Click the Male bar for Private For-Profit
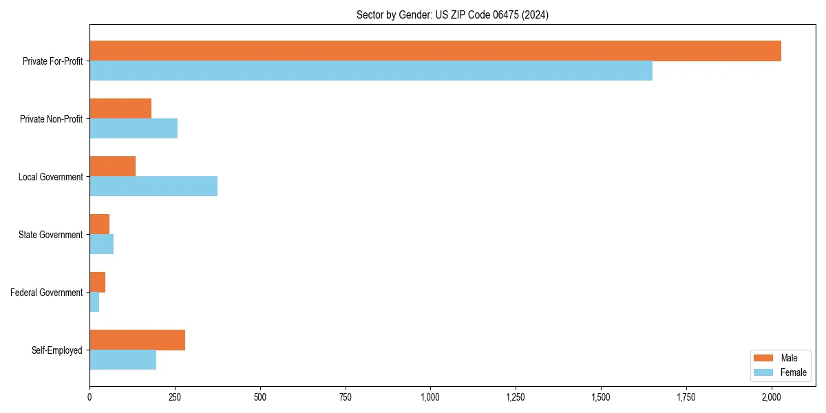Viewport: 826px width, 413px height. coord(435,51)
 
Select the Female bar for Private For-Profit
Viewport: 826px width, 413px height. coord(371,71)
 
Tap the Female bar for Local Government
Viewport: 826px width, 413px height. coord(153,187)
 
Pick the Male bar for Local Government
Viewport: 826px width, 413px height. coord(112,167)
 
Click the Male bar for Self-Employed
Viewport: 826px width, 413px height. coord(137,340)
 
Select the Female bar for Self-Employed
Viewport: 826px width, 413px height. coord(123,360)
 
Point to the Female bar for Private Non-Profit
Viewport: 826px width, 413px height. coord(134,129)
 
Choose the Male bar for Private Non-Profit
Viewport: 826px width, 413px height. coord(120,109)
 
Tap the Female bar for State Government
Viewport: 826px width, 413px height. coord(101,244)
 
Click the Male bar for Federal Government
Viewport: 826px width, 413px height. coord(97,282)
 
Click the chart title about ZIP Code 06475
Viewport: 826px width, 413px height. coord(452,14)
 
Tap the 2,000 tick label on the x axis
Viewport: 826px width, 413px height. coord(772,397)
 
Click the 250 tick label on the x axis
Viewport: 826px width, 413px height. coord(175,397)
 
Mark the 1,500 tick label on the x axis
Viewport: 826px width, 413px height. coord(601,397)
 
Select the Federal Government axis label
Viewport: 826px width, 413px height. coord(47,293)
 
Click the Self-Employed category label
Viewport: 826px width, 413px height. coord(57,350)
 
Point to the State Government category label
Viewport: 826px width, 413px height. coord(51,235)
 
